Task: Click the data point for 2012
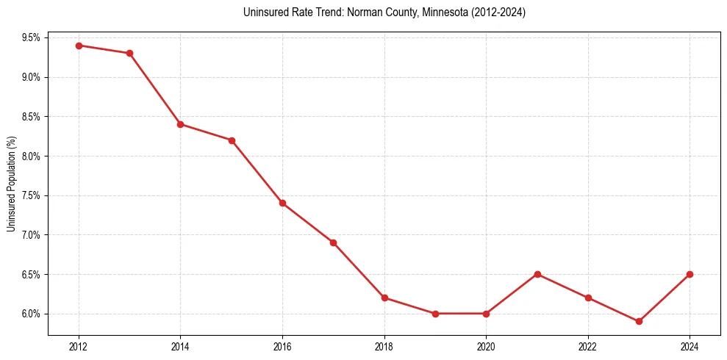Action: tap(79, 46)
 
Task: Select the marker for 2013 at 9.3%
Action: tap(129, 53)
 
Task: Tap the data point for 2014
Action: tap(180, 124)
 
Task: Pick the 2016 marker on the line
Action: tap(282, 203)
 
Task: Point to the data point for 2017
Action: tap(333, 242)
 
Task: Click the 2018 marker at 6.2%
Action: tap(384, 298)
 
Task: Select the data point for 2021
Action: tap(537, 274)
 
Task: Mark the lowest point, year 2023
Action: tap(639, 321)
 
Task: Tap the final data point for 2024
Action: tap(690, 274)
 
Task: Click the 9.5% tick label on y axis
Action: tap(33, 37)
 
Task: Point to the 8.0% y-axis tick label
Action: tap(33, 156)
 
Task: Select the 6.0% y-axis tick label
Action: tap(33, 314)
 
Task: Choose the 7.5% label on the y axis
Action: tap(33, 195)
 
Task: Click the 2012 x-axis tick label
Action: tap(79, 345)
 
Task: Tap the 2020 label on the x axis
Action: tap(486, 345)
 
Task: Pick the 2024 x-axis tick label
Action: tap(690, 345)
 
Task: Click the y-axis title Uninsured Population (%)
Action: tap(11, 184)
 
